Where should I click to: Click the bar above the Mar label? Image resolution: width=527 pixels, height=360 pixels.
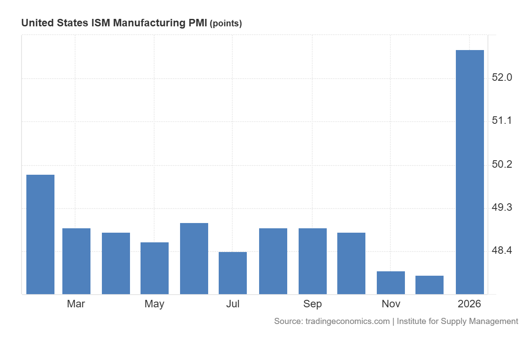(x=76, y=261)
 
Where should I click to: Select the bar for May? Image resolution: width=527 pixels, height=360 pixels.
(x=155, y=268)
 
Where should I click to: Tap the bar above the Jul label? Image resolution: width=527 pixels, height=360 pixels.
(x=233, y=273)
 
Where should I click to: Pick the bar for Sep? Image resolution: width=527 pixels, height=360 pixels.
(x=312, y=261)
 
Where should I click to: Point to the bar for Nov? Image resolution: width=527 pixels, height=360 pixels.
(x=391, y=283)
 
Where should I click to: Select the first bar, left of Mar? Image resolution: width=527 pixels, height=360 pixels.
(x=40, y=234)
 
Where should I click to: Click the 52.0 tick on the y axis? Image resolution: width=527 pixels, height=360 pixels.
(x=502, y=78)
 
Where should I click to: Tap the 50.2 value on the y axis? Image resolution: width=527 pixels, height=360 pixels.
(x=502, y=165)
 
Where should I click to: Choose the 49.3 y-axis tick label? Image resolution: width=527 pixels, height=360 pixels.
(x=502, y=208)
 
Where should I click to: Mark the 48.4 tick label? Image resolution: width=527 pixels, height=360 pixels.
(x=502, y=251)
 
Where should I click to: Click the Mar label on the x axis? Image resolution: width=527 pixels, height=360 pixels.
(x=76, y=304)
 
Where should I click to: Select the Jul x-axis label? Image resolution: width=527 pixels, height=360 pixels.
(x=233, y=304)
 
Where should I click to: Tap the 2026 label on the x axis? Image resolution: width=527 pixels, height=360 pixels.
(x=469, y=304)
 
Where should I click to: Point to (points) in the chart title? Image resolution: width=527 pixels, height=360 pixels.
(x=226, y=24)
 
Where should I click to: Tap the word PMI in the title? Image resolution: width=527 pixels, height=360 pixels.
(x=198, y=23)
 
